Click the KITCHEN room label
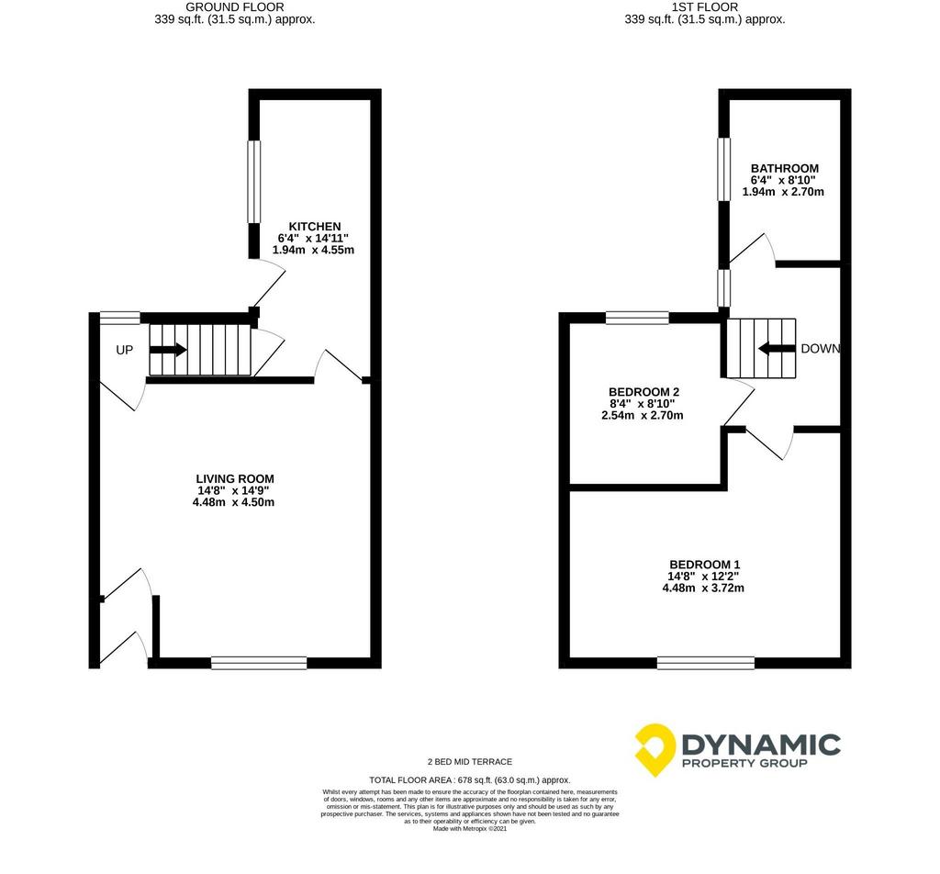tap(315, 227)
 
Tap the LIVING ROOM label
tap(235, 479)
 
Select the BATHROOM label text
tap(785, 168)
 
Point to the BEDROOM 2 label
tap(643, 392)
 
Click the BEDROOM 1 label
tap(704, 565)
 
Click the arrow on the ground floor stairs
tap(169, 350)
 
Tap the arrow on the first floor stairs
tap(778, 348)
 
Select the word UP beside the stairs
tap(124, 350)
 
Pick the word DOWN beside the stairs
tap(821, 349)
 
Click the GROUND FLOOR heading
tap(235, 7)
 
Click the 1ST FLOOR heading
tap(705, 7)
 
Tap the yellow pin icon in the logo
tap(655, 749)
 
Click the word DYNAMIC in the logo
tap(761, 745)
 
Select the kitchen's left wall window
tap(255, 182)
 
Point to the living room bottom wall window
tap(259, 663)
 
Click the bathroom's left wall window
tap(725, 169)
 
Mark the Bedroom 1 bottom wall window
tap(706, 663)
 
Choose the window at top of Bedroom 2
tap(637, 318)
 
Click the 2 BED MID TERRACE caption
tap(470, 762)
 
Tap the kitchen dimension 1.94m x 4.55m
tap(314, 250)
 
